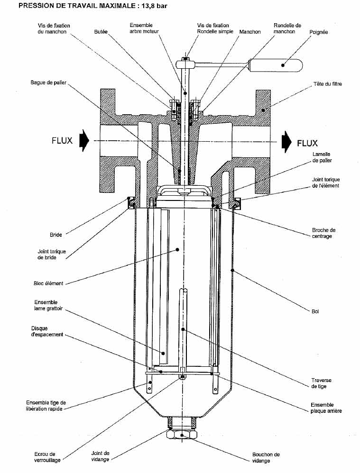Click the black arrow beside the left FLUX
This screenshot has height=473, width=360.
tap(84, 140)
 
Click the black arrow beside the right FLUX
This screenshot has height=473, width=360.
tap(286, 142)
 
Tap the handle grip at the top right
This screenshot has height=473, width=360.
tap(276, 65)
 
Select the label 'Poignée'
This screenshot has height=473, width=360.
tap(319, 32)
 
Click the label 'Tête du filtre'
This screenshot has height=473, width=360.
tap(328, 84)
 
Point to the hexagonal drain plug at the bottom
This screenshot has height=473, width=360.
tap(182, 435)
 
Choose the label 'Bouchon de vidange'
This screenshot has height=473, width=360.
tap(266, 457)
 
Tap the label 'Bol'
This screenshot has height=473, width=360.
tap(315, 311)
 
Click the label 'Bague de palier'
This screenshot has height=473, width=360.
tap(48, 82)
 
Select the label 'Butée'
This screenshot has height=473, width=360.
tap(101, 32)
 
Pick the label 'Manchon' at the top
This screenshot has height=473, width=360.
tap(250, 32)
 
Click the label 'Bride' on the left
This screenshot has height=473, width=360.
tap(56, 235)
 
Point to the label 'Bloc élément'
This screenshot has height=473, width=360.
tap(48, 283)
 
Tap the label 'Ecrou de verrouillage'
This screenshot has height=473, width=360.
tap(47, 457)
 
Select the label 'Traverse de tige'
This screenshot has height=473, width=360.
tap(321, 383)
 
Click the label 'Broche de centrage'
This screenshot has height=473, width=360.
tap(323, 233)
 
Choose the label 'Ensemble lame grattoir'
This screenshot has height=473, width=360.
tap(48, 305)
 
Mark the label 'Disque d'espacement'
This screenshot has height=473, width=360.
tap(47, 331)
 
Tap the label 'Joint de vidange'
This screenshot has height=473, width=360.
tap(100, 456)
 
